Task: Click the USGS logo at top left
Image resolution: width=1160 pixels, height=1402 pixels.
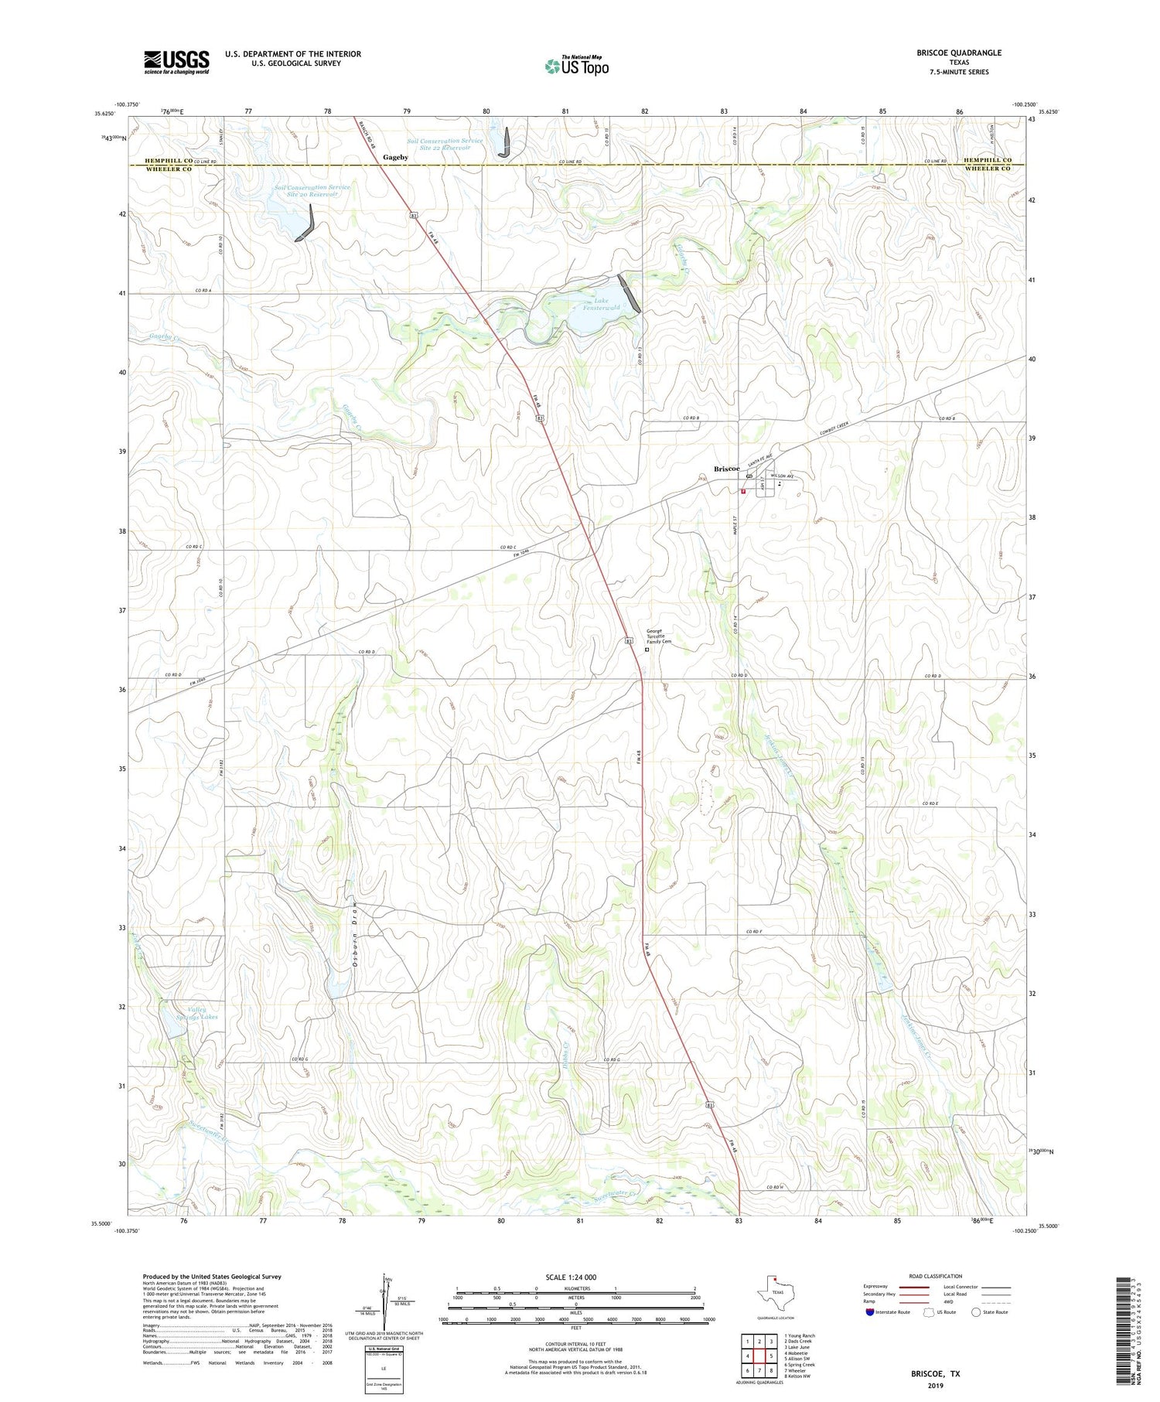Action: tap(176, 62)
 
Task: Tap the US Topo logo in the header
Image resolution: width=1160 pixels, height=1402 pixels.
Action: tap(576, 67)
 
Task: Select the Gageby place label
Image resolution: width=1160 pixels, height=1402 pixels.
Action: tap(395, 157)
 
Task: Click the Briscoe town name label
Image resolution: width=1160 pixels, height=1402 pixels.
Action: tap(726, 469)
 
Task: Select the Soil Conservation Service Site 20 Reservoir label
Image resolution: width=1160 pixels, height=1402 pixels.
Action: tap(312, 190)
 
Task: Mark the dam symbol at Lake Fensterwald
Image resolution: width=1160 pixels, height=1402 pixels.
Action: tap(629, 294)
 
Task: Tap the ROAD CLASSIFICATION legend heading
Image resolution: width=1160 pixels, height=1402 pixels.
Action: tap(936, 1276)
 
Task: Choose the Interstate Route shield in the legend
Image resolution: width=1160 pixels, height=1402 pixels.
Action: tap(870, 1312)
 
